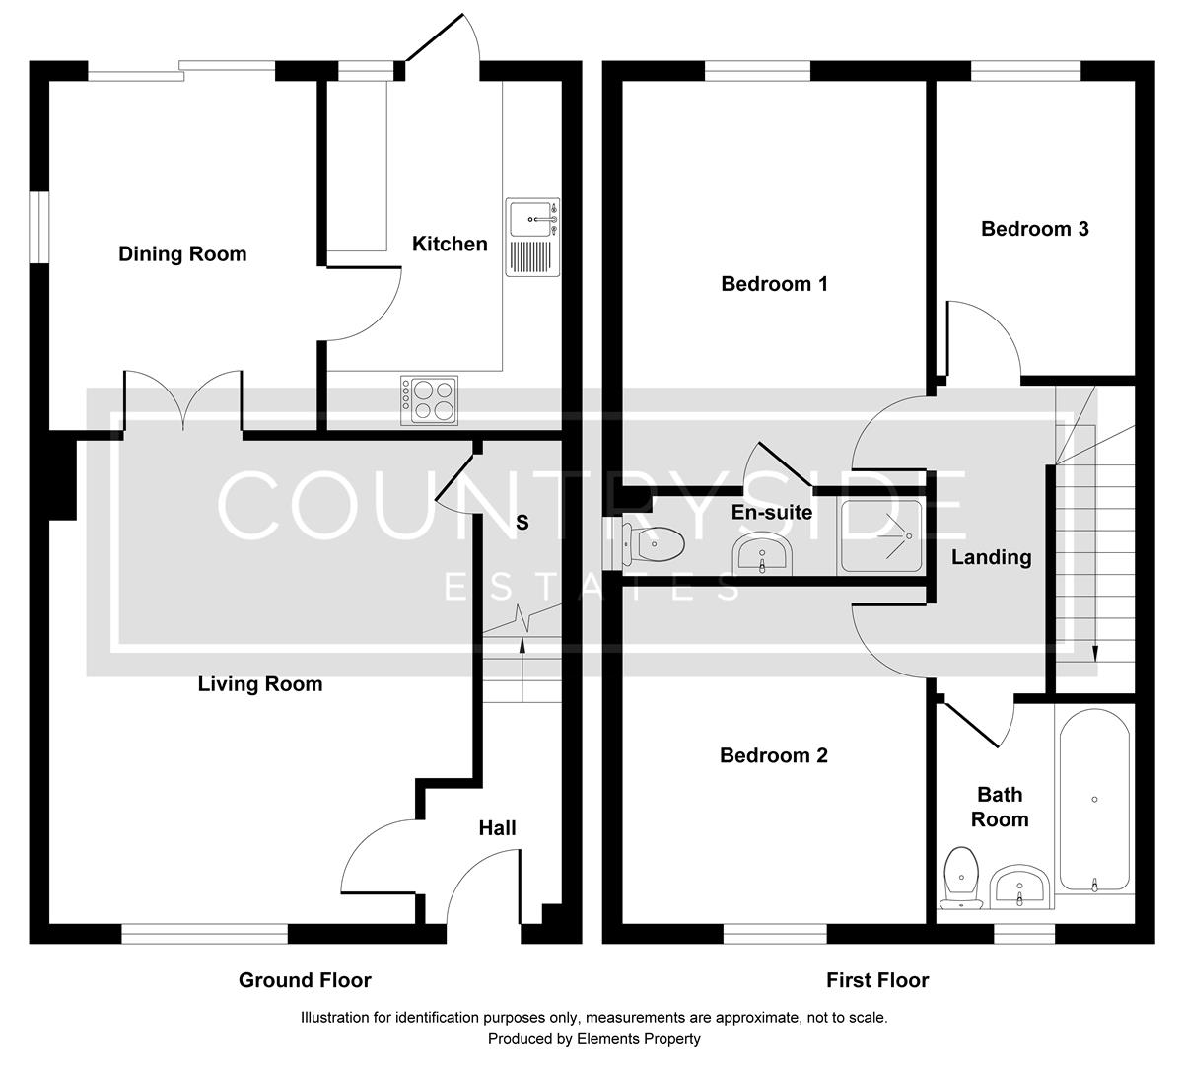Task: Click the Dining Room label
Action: tap(182, 254)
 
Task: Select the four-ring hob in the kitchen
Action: tap(429, 400)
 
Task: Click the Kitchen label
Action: tap(450, 244)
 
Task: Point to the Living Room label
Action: tap(260, 684)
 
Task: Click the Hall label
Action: tap(497, 828)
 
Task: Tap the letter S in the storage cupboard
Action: tap(522, 522)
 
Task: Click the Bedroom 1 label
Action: tap(774, 284)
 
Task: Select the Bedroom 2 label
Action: tap(774, 755)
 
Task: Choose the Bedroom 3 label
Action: tap(1034, 229)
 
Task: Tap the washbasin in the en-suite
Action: tap(761, 556)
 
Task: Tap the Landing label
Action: tap(991, 557)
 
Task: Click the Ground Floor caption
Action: tap(305, 980)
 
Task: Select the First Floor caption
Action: tap(877, 980)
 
